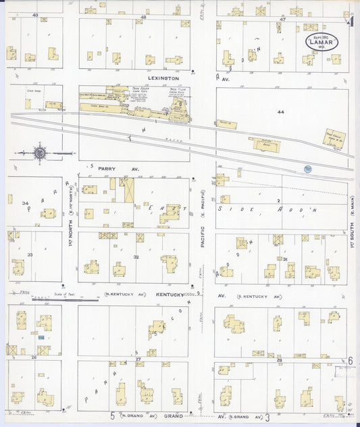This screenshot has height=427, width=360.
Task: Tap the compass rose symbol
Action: [41, 153]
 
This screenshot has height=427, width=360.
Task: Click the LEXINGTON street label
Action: [164, 78]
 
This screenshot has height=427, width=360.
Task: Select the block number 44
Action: [280, 111]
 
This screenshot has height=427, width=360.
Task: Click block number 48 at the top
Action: [143, 16]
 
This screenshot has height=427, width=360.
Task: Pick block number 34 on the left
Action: [25, 203]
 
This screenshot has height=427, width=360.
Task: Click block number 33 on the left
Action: [30, 254]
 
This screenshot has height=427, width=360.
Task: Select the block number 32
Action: [136, 257]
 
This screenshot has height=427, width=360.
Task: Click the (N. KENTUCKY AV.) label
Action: [126, 295]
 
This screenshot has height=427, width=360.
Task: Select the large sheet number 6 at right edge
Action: [351, 361]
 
